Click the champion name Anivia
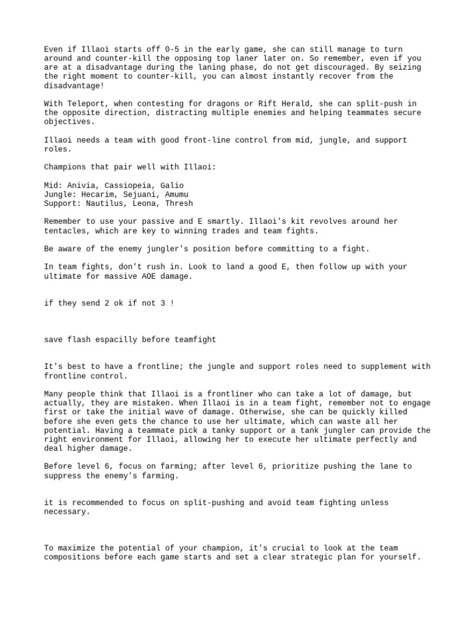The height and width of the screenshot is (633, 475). pyautogui.click(x=83, y=185)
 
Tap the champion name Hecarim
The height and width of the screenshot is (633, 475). pyautogui.click(x=98, y=194)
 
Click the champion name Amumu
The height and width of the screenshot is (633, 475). pyautogui.click(x=179, y=194)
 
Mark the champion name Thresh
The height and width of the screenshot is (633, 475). pyautogui.click(x=179, y=203)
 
